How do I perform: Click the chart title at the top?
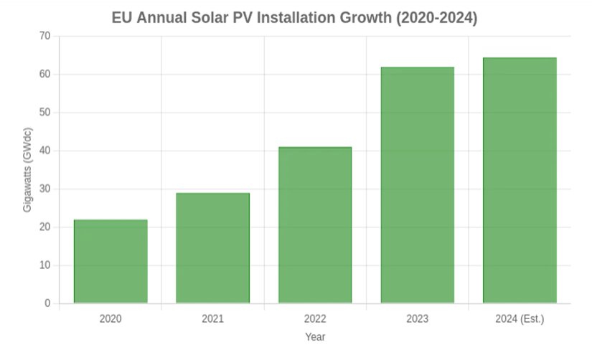(x=296, y=17)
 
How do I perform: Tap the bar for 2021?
(x=212, y=247)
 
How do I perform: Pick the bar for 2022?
(x=315, y=224)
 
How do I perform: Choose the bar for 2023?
(x=418, y=184)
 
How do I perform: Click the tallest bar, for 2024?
(x=520, y=178)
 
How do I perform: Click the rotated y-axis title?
(x=28, y=170)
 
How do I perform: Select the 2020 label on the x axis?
(x=110, y=317)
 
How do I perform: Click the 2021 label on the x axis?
(x=212, y=317)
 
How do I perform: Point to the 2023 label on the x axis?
(x=418, y=317)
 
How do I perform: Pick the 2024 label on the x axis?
(x=520, y=317)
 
